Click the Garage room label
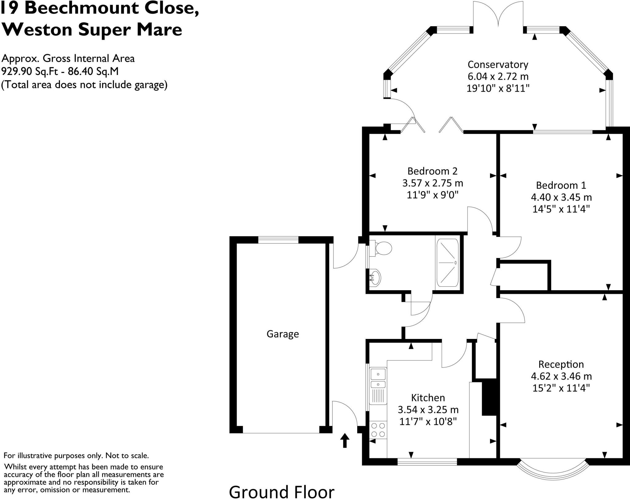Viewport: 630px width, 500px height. pyautogui.click(x=282, y=334)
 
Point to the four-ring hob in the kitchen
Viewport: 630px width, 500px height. pyautogui.click(x=378, y=430)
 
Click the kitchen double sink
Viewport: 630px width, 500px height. pyautogui.click(x=378, y=379)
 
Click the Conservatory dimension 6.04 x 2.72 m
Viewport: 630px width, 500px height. pyautogui.click(x=498, y=77)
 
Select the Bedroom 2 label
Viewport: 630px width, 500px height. pyautogui.click(x=432, y=171)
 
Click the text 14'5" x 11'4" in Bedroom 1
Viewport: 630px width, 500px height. pyautogui.click(x=561, y=209)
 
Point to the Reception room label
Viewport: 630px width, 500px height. pyautogui.click(x=561, y=364)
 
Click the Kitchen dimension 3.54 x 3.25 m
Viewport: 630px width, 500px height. pyautogui.click(x=428, y=410)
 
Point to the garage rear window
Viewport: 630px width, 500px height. pyautogui.click(x=278, y=240)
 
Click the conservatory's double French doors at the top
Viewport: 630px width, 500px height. pyautogui.click(x=498, y=15)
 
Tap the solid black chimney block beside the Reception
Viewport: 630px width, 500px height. pyautogui.click(x=489, y=399)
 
